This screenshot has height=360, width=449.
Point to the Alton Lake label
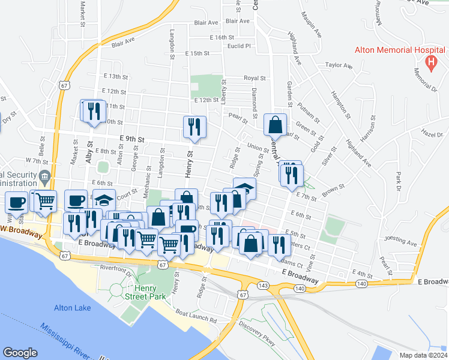click(71, 308)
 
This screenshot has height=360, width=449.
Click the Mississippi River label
click(64, 340)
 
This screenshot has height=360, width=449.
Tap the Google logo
click(20, 353)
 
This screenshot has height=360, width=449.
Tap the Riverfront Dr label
click(116, 268)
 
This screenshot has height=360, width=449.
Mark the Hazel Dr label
click(431, 133)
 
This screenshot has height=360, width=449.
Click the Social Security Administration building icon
click(44, 176)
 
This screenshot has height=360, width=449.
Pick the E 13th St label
click(116, 77)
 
